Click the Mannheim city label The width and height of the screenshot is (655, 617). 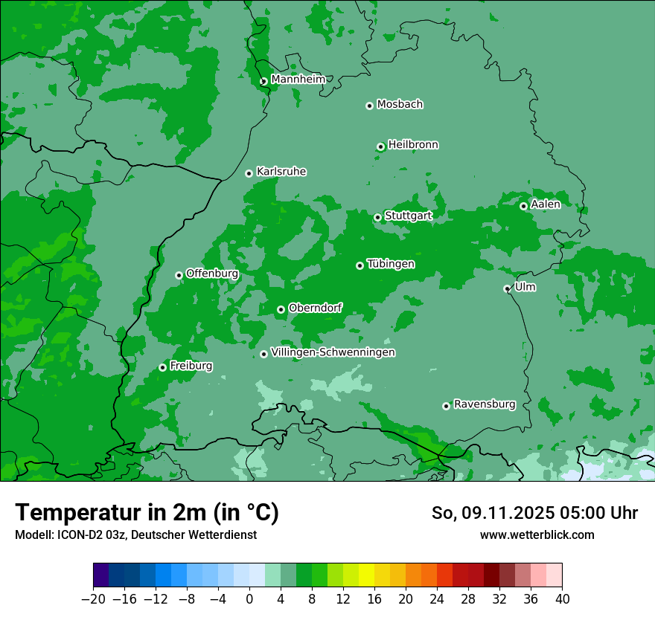[298, 80]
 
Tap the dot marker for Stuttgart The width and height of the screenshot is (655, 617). [378, 217]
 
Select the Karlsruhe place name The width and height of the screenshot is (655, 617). [281, 172]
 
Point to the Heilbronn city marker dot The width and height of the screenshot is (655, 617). [380, 146]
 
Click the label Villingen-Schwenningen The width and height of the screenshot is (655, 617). [333, 352]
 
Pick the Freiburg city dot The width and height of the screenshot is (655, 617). [162, 367]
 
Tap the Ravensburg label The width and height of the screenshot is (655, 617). [485, 404]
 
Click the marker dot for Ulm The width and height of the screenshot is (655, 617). [508, 288]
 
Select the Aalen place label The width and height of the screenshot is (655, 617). [546, 204]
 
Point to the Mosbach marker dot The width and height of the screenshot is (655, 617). [369, 106]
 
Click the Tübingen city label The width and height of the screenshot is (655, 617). [391, 264]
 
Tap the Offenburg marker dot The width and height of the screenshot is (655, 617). [179, 275]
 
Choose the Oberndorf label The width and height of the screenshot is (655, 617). [315, 308]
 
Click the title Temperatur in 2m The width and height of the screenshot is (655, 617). [147, 512]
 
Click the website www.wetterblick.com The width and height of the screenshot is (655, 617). [537, 534]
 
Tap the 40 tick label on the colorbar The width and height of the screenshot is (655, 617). [562, 598]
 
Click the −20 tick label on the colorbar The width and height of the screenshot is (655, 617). [93, 598]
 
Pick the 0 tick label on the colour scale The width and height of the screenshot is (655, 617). [249, 598]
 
